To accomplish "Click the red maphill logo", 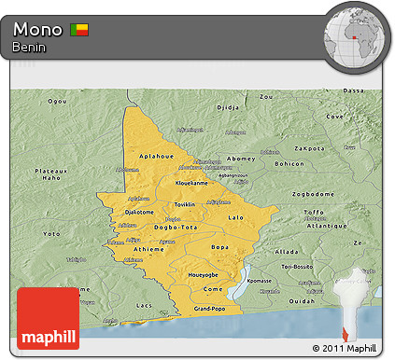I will [48, 318].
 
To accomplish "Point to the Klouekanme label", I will [192, 183].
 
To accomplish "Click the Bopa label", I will [219, 247].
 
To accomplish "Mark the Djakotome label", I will [138, 212].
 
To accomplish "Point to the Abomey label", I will [240, 158].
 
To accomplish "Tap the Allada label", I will [287, 252].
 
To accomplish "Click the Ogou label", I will [58, 100].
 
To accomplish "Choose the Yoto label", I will [52, 233].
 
